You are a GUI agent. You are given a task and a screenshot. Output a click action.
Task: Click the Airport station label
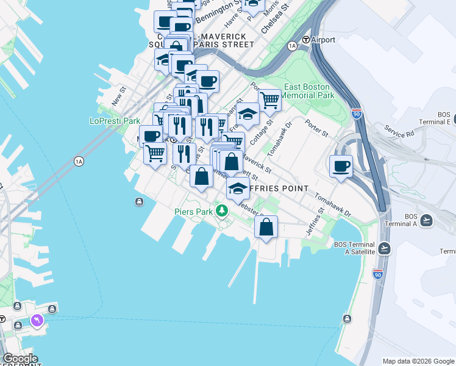(323, 40)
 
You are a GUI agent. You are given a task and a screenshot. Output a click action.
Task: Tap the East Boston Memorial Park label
(308, 91)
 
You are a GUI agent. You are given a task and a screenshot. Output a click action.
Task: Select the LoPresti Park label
(115, 121)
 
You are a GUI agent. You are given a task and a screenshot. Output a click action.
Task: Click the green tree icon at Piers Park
(223, 211)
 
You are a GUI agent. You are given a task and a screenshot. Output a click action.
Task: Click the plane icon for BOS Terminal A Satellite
(384, 248)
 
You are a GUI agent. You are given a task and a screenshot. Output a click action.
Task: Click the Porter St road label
(316, 127)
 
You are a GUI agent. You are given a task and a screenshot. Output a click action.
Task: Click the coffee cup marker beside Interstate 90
(341, 165)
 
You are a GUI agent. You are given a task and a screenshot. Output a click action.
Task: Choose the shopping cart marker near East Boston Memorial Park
(269, 99)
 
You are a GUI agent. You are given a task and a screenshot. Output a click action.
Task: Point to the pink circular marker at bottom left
(38, 320)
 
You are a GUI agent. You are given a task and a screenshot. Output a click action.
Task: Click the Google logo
(20, 359)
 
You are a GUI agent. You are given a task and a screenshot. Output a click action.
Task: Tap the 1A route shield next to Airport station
(292, 46)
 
